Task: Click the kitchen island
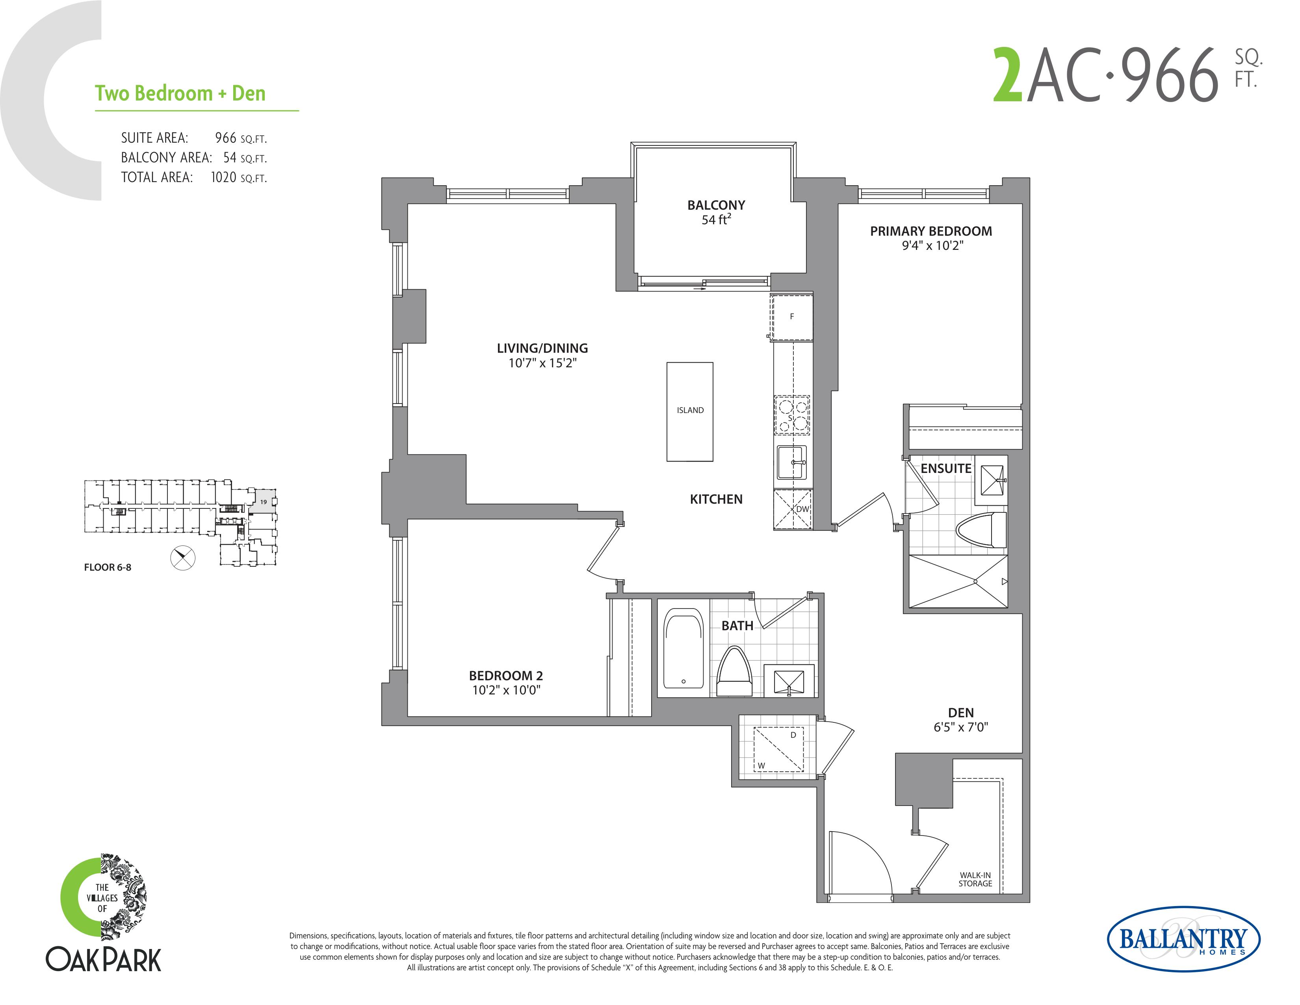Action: [689, 411]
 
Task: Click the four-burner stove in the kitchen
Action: [792, 415]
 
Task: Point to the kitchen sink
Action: [792, 462]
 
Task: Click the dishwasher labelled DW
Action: [792, 510]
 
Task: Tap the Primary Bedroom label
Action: [931, 231]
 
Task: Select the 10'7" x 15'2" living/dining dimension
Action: [542, 363]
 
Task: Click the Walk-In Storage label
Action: [975, 879]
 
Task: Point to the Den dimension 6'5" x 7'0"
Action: [961, 727]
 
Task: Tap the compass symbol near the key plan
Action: [183, 557]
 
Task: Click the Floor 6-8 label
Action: [108, 568]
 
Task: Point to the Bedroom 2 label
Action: [506, 676]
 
